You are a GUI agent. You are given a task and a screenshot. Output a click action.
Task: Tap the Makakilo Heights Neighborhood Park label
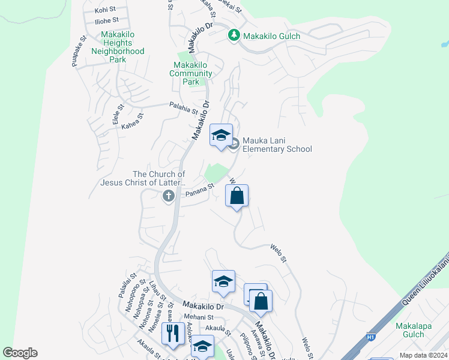click(x=118, y=47)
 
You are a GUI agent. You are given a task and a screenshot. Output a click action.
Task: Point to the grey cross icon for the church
click(x=169, y=195)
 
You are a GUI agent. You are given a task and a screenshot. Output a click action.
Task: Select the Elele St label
click(x=117, y=114)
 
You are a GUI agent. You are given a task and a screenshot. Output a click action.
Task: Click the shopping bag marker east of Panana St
click(x=237, y=196)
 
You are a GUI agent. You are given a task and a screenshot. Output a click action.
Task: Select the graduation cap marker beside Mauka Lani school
click(x=221, y=135)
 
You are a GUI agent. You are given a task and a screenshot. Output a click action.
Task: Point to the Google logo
click(x=20, y=353)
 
